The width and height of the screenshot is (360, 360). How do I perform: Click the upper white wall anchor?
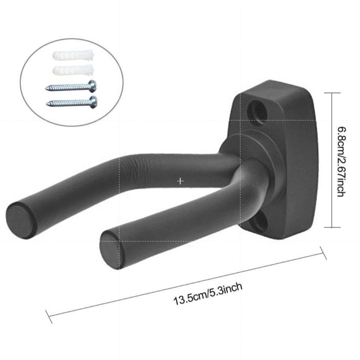click(x=73, y=55)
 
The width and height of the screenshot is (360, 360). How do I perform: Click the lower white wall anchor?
click(x=73, y=70)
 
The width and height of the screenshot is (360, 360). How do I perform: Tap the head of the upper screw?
click(x=92, y=86)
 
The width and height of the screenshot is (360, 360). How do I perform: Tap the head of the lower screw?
click(x=94, y=102)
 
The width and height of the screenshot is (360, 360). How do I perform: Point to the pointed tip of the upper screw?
click(x=46, y=88)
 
